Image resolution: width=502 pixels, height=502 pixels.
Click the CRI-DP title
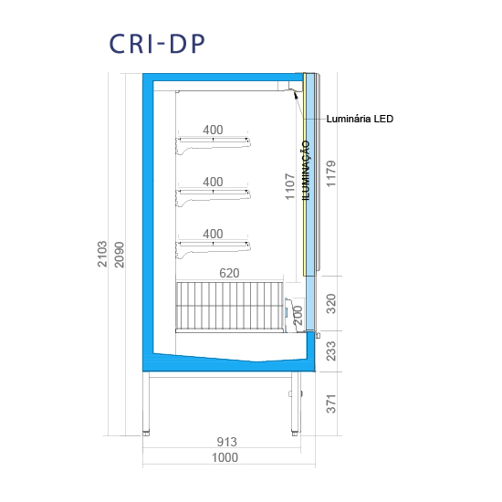coord(157,44)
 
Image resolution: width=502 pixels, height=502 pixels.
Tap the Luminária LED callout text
coord(360,119)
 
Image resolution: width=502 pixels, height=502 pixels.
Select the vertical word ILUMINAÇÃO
coord(307,171)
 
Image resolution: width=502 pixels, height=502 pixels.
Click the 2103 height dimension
coord(102,254)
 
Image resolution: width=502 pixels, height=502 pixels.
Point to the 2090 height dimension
coord(119,255)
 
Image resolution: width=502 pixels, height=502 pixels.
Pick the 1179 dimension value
coord(330,173)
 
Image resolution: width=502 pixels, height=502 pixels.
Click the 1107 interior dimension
coord(289,186)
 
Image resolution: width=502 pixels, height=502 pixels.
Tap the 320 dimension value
coord(330,304)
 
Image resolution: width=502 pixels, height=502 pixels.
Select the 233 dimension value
coord(330,351)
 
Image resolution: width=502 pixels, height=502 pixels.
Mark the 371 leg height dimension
coord(330,403)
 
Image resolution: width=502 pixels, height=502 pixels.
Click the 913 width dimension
coord(227,442)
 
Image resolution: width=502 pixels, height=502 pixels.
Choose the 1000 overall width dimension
coord(225,457)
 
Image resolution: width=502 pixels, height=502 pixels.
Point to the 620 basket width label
coord(229,273)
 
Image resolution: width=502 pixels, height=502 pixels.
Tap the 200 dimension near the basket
coord(298,316)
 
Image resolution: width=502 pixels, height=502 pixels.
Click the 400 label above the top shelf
coord(213,130)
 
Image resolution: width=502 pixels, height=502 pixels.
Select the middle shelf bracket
coord(213,197)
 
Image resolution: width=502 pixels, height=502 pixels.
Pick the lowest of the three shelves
coord(213,250)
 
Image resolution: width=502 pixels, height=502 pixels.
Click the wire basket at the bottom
coord(229,306)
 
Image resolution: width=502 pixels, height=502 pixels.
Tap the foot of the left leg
coord(146,434)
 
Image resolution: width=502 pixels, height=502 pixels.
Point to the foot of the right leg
coord(295,434)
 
